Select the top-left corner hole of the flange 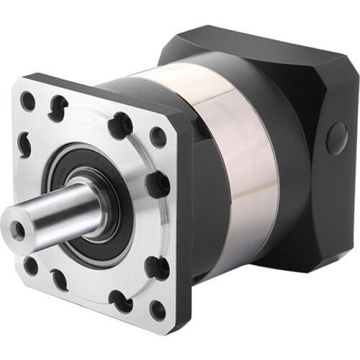click(28, 102)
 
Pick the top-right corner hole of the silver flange click(158, 138)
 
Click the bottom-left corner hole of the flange click(31, 265)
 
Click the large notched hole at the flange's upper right click(120, 125)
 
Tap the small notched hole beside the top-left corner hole click(58, 108)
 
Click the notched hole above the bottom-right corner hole click(156, 267)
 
